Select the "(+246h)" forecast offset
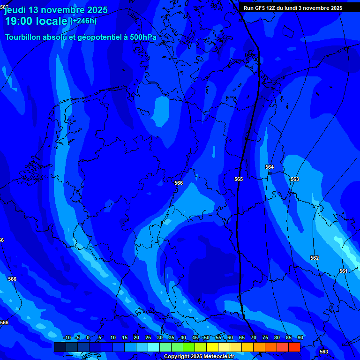pyautogui.click(x=83, y=21)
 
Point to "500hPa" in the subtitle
pyautogui.click(x=143, y=37)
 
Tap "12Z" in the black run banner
pyautogui.click(x=272, y=8)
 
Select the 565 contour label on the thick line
pyautogui.click(x=239, y=179)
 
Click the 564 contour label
pyautogui.click(x=270, y=167)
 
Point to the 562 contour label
pyautogui.click(x=315, y=258)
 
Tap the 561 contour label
pyautogui.click(x=344, y=271)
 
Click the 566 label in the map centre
pyautogui.click(x=179, y=183)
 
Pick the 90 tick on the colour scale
pyautogui.click(x=300, y=337)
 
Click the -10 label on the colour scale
pyautogui.click(x=67, y=337)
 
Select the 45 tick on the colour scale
pyautogui.click(x=195, y=337)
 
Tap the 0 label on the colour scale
pyautogui.click(x=88, y=337)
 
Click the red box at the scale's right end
pyautogui.click(x=294, y=347)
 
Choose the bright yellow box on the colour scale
pyautogui.click(x=212, y=347)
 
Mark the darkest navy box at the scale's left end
pyautogui.click(x=60, y=347)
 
